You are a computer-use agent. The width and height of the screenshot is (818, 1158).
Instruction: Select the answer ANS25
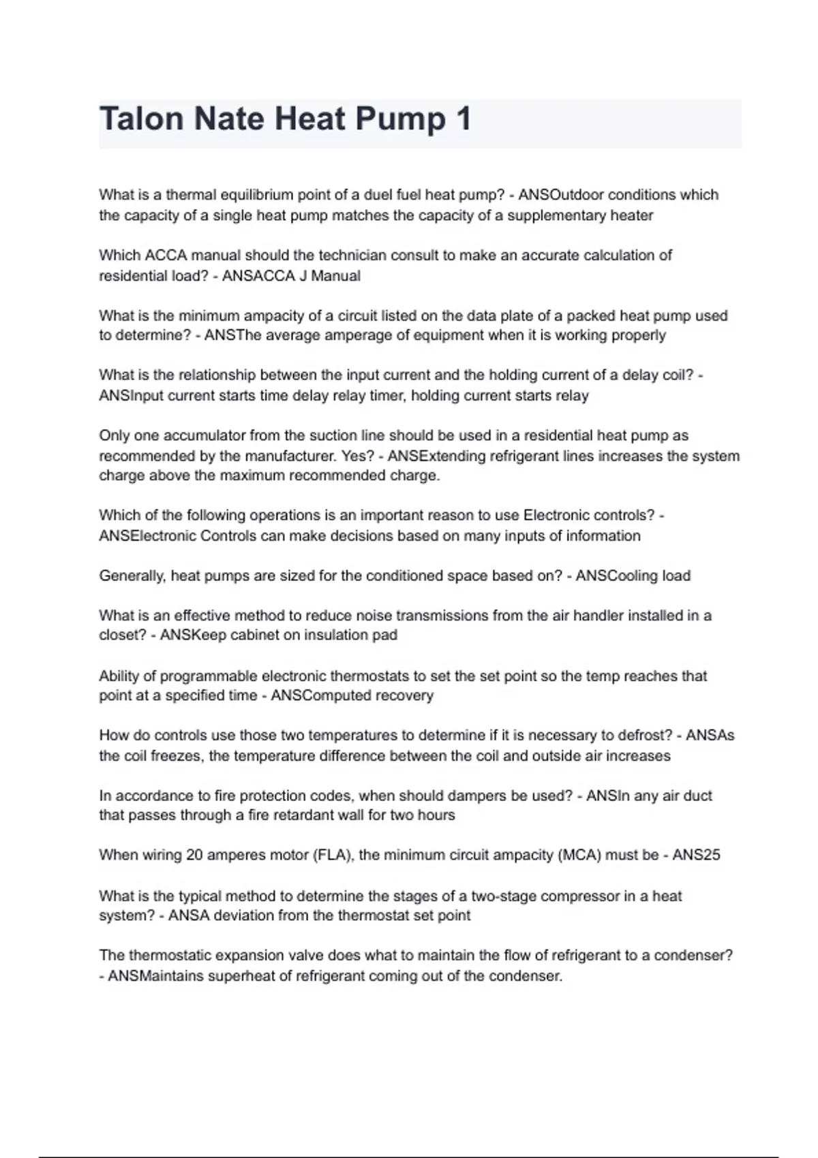[696, 855]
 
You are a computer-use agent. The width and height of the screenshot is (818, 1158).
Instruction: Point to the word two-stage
[503, 896]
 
